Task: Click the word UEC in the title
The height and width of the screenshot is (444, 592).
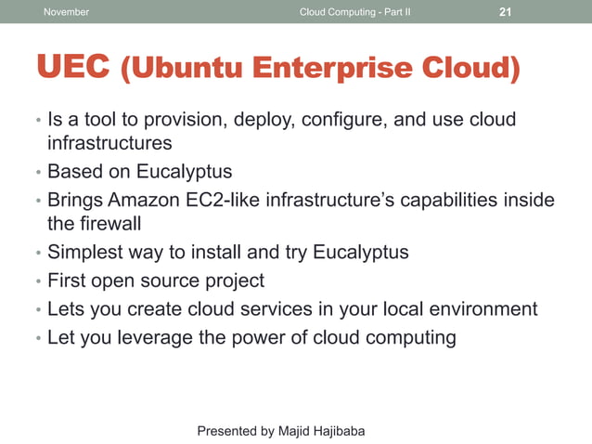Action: coord(73,69)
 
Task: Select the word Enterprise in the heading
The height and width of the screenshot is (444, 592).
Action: coord(335,69)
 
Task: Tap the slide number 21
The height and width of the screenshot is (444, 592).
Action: coord(506,12)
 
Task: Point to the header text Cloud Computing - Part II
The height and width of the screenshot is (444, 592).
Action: coord(355,12)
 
